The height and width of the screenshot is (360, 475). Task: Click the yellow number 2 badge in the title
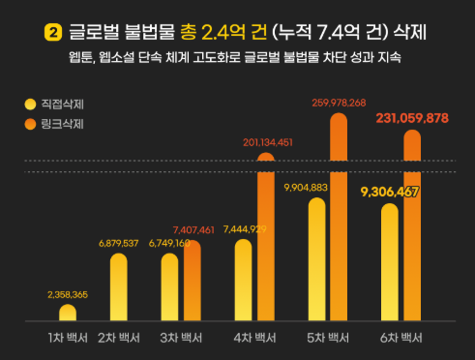pos(53,33)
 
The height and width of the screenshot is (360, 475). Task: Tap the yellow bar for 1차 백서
pos(68,313)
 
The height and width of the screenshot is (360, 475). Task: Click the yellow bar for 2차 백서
pos(118,287)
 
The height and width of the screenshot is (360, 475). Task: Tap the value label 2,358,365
pos(68,293)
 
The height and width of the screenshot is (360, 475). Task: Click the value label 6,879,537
pos(118,243)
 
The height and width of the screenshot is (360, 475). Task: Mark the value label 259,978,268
pos(339,102)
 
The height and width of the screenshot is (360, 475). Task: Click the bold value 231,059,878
pos(412,118)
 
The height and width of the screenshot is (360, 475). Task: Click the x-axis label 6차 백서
pos(399,339)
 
